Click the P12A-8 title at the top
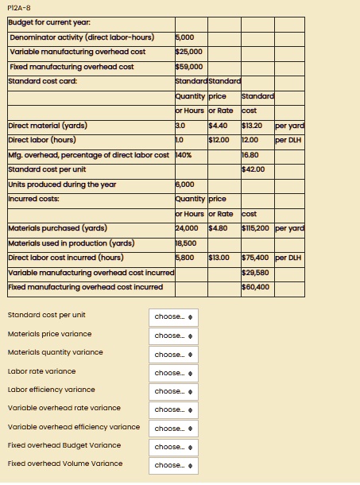(x=17, y=9)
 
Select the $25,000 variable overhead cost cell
(x=189, y=51)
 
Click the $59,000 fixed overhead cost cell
(x=189, y=66)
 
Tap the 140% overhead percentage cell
(x=184, y=154)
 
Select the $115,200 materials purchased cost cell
(x=254, y=228)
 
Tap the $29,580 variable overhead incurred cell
(x=254, y=272)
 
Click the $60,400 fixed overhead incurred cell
(x=254, y=286)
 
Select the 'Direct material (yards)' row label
(x=48, y=125)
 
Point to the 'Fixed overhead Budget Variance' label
(x=64, y=445)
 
